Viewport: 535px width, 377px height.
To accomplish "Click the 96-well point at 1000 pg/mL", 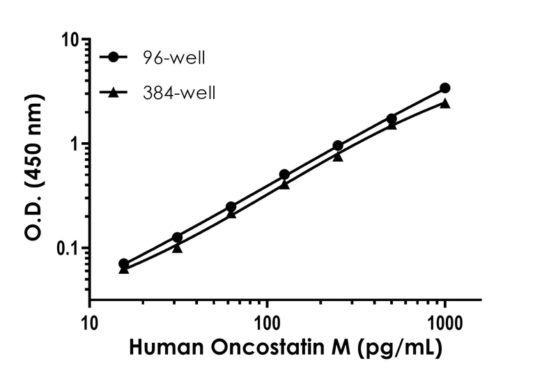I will [445, 88].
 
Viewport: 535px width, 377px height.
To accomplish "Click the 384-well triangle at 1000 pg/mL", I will [445, 103].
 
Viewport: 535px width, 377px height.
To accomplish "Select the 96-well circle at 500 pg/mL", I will [391, 118].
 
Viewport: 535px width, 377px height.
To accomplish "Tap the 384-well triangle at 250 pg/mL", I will [338, 156].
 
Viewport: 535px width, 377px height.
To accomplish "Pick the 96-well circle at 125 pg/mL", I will [284, 174].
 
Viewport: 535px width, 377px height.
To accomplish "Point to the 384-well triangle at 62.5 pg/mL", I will [231, 213].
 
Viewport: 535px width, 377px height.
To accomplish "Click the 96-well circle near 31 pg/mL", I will [178, 238].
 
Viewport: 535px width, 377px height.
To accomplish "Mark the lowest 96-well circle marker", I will [124, 264].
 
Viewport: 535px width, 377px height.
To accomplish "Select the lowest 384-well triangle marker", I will [124, 269].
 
